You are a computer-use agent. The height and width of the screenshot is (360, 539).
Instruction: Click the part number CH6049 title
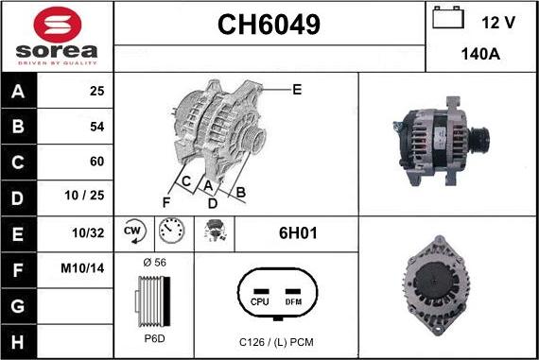click(x=269, y=25)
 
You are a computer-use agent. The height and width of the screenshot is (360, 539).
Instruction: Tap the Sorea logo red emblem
click(x=57, y=23)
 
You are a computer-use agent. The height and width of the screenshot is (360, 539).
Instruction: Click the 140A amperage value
click(x=479, y=54)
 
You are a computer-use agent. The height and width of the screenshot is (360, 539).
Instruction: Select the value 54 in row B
click(x=96, y=126)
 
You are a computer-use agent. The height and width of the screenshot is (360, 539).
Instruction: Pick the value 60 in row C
click(x=96, y=161)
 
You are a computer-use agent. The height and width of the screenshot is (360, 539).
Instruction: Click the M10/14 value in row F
click(x=83, y=268)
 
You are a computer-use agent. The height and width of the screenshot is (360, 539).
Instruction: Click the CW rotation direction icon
click(x=132, y=231)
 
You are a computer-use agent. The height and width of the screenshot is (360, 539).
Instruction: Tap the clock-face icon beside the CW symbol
click(x=171, y=231)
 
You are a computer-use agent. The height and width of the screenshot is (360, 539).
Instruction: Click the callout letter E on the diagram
click(x=297, y=90)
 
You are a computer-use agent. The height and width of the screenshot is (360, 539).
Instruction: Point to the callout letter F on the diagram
click(x=166, y=201)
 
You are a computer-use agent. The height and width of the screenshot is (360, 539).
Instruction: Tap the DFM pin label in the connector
click(x=293, y=302)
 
